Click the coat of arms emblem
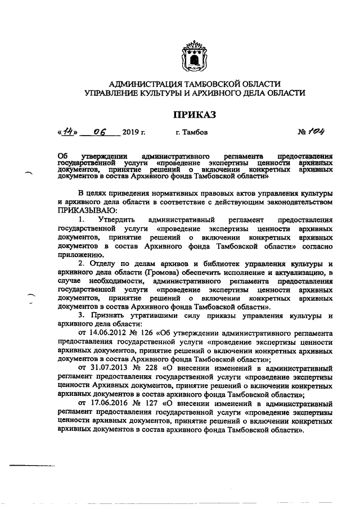point(193,56)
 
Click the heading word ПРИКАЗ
point(194,115)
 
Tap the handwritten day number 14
point(69,132)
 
